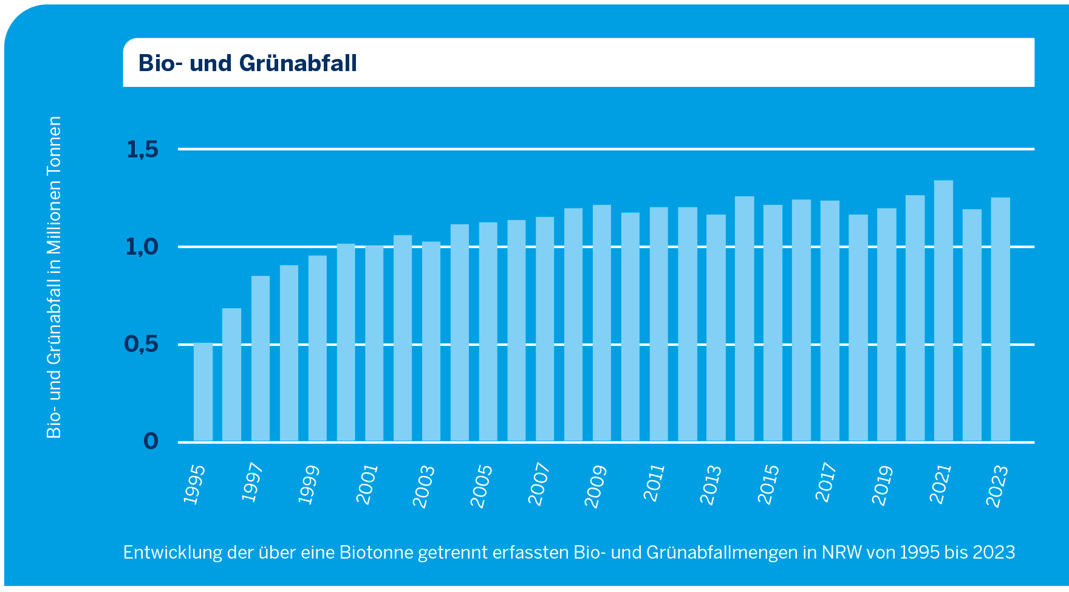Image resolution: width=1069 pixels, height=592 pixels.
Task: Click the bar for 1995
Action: point(203,392)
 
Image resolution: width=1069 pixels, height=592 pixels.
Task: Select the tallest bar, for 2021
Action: point(943,311)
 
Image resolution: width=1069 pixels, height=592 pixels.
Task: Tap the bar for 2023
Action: point(1000,319)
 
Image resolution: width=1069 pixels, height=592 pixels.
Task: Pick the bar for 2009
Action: point(602,323)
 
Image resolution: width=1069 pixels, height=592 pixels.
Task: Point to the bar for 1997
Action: point(261,359)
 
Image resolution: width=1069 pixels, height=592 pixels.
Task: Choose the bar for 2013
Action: point(716,328)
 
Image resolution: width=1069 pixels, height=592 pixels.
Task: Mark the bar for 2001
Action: point(374,343)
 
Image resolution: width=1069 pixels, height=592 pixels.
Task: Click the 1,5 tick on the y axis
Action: point(142,150)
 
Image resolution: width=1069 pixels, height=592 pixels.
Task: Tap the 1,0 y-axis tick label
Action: point(142,247)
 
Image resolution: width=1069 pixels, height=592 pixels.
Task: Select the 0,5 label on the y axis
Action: point(142,345)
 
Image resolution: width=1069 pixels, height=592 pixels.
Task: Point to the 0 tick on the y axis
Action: point(151,441)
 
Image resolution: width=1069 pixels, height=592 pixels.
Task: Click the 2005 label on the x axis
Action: point(482,486)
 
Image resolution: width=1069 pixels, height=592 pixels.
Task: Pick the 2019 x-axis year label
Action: point(883,486)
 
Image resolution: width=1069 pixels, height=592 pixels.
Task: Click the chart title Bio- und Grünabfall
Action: point(248,63)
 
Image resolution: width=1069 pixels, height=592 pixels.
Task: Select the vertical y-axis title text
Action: point(55,277)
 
